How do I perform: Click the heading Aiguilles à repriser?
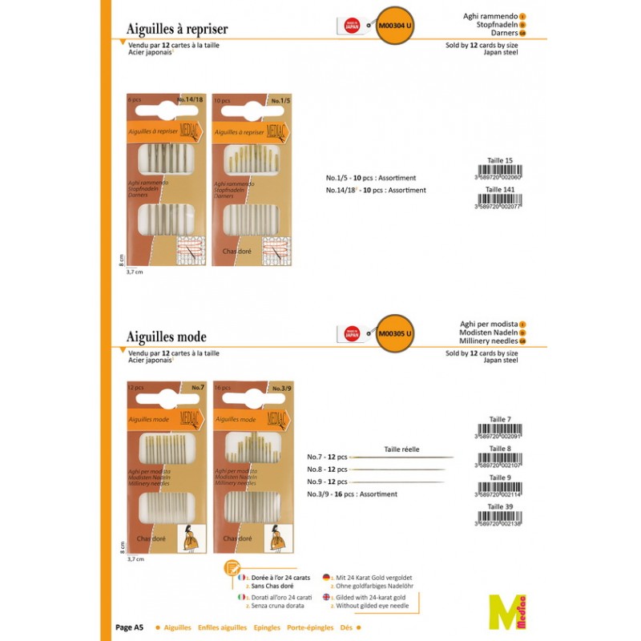[177, 29]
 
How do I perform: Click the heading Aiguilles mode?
[167, 337]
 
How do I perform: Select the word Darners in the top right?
[498, 34]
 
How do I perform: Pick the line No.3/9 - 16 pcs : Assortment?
[352, 494]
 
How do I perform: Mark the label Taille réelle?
[401, 450]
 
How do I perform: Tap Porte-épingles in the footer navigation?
[310, 628]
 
